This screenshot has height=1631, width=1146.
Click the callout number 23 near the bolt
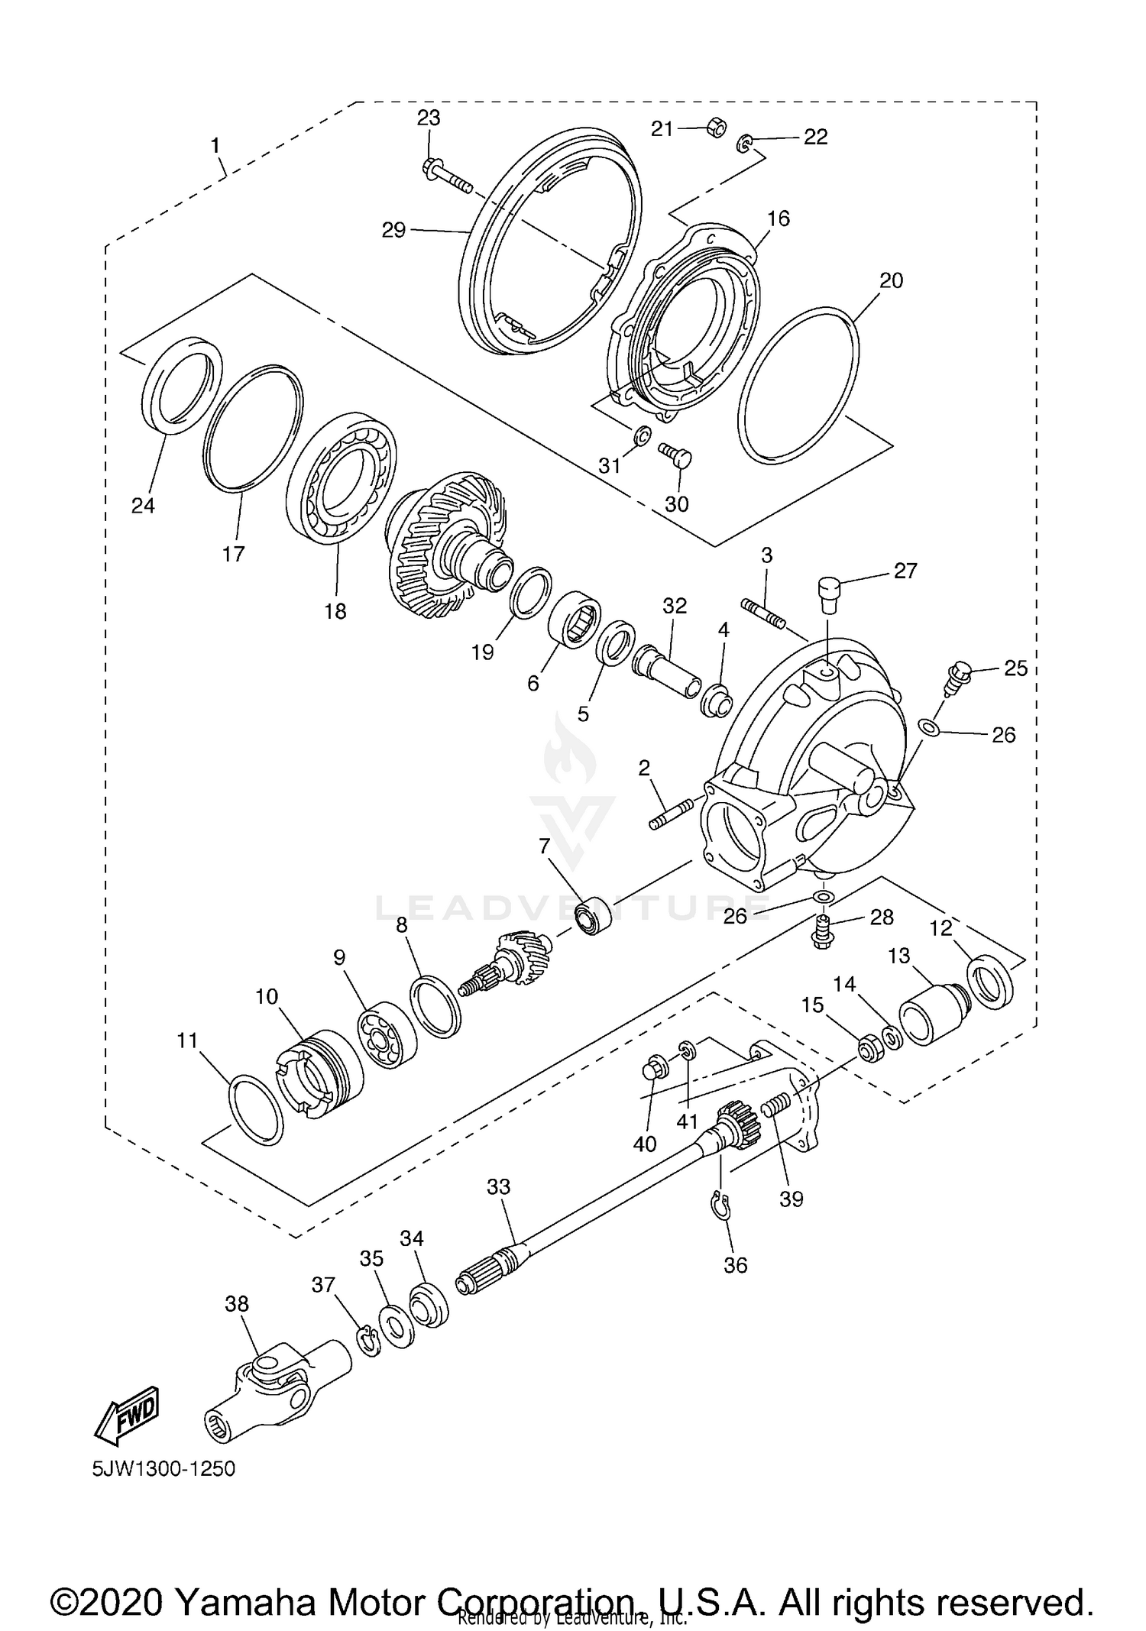(429, 118)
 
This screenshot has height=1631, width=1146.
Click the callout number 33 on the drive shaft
(498, 1187)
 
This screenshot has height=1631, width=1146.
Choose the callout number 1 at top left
(215, 145)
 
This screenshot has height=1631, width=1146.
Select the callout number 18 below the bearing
(335, 611)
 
